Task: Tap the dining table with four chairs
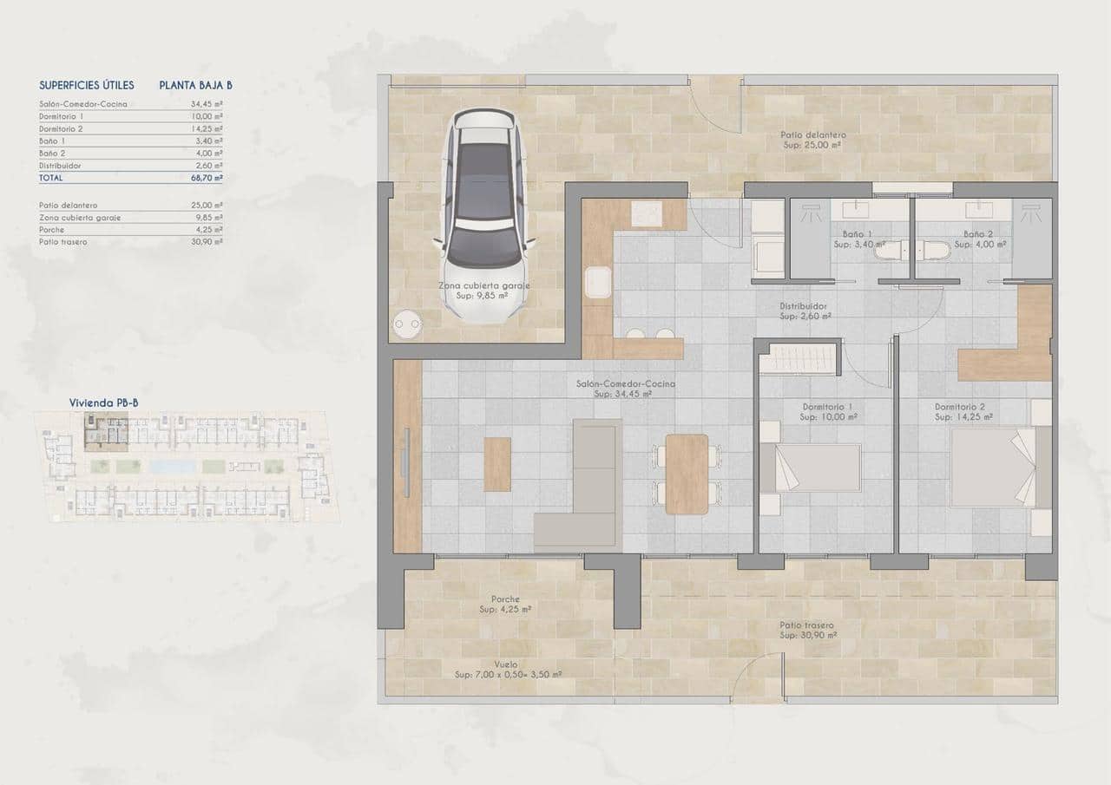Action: tap(687, 474)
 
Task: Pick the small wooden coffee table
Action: tap(497, 464)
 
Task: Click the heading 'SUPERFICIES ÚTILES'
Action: tap(87, 85)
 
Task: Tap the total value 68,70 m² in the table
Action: tap(207, 177)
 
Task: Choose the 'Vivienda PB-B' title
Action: tap(100, 402)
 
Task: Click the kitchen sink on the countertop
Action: tap(597, 283)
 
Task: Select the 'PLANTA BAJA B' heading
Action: tap(195, 85)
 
